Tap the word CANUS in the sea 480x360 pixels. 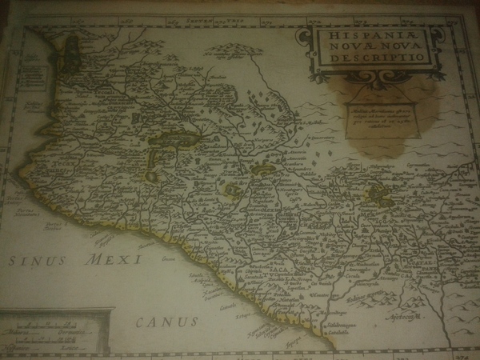(166, 322)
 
